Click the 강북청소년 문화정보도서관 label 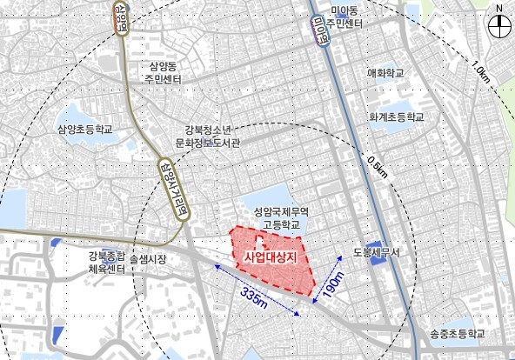pos(213,136)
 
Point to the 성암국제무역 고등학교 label pos(269,217)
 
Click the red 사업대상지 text pos(271,257)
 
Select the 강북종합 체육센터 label pos(106,263)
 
